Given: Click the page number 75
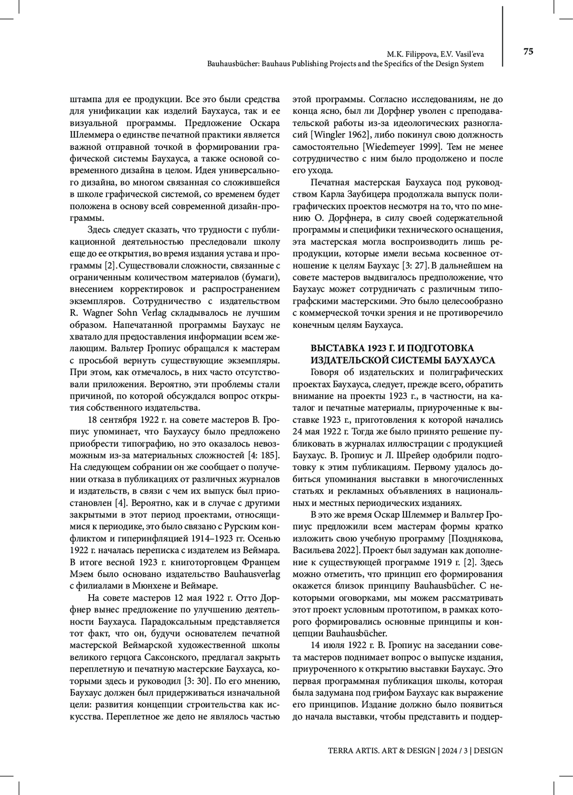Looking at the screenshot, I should [528, 52].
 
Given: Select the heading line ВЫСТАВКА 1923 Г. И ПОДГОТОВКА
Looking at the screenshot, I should [392, 348].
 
